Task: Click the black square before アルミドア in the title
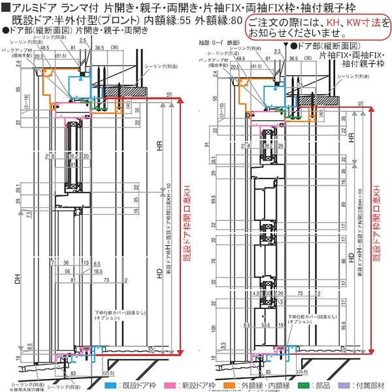click(x=5, y=7)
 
